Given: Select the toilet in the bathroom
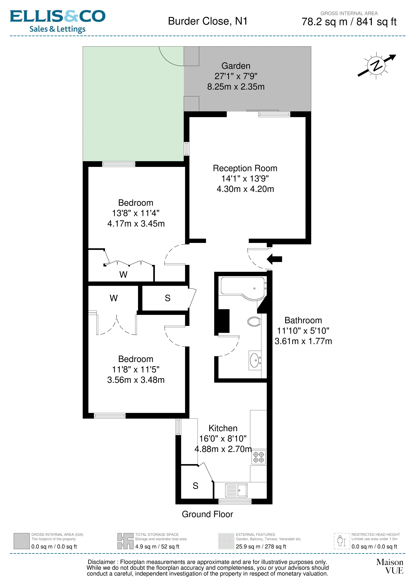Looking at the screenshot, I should [254, 321].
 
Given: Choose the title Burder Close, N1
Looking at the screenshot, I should [208, 21].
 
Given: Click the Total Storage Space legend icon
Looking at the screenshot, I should [125, 541].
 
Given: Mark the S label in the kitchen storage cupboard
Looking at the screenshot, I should [195, 486].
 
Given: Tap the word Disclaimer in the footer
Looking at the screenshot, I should [101, 562].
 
